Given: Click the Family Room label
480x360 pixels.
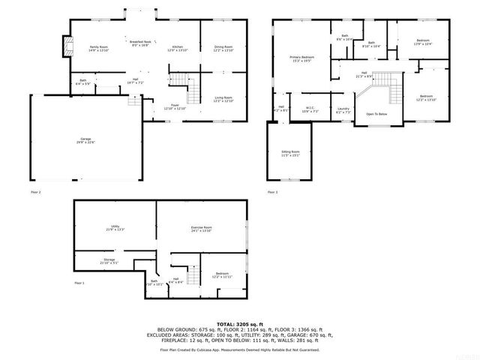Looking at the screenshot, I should pos(99,48).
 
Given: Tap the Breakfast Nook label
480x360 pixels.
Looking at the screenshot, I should pos(140,43).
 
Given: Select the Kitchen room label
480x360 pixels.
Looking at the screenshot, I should pos(178,48).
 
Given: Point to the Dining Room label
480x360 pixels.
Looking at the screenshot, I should pos(223,48).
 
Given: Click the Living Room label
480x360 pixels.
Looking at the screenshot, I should pos(223,99).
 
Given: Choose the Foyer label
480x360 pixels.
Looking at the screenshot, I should pos(175,107).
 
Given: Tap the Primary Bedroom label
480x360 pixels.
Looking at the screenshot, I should pos(302,58).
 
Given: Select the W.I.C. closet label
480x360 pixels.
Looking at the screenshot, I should pos(310,109).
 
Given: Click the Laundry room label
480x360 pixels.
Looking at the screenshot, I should pos(343,109).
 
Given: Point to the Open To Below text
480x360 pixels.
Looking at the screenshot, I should pos(376,114).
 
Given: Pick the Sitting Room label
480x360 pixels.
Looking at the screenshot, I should pos(290,153).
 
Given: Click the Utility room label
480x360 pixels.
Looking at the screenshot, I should pos(115,228).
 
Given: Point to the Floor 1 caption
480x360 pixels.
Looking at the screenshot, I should pos(79,283).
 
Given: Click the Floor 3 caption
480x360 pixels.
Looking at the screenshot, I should pos(272,193).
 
